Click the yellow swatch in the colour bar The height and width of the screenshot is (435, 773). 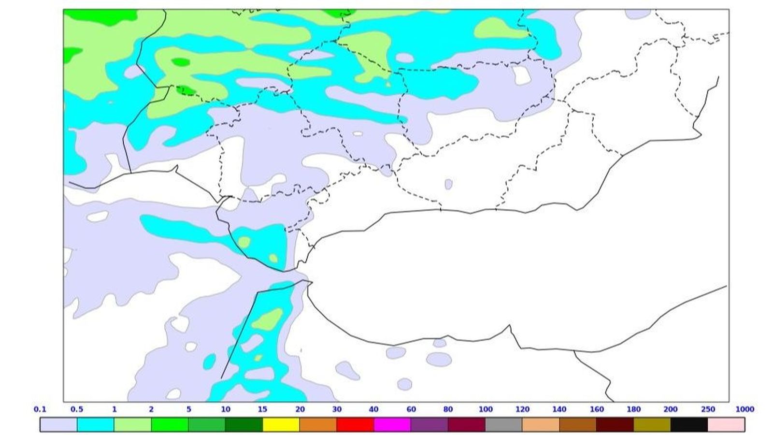click(x=281, y=425)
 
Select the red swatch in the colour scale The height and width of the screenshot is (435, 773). click(x=355, y=425)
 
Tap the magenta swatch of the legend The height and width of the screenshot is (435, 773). click(x=392, y=425)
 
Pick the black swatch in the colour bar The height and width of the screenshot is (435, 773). click(x=689, y=425)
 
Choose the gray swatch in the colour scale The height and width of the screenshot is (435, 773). click(x=503, y=425)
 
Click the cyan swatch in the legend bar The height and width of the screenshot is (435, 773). click(x=96, y=425)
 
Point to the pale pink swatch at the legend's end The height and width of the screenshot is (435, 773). click(x=726, y=425)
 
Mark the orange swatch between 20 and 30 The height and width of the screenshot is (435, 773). click(x=318, y=425)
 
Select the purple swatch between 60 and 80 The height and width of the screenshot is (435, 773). click(x=429, y=425)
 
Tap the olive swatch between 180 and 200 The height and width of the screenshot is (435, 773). click(x=652, y=425)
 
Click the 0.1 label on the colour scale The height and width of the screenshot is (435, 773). click(x=40, y=409)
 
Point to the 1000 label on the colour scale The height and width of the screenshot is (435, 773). click(x=744, y=409)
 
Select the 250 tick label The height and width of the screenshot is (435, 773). click(x=708, y=409)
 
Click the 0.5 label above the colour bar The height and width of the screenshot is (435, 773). click(x=77, y=409)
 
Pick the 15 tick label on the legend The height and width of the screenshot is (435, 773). click(x=262, y=409)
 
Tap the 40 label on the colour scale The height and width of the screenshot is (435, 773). click(x=373, y=409)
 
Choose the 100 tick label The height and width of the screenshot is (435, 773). click(x=486, y=409)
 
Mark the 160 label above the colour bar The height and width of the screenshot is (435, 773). click(x=597, y=409)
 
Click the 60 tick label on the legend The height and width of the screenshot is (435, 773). click(x=411, y=409)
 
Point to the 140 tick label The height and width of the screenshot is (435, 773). click(x=559, y=409)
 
